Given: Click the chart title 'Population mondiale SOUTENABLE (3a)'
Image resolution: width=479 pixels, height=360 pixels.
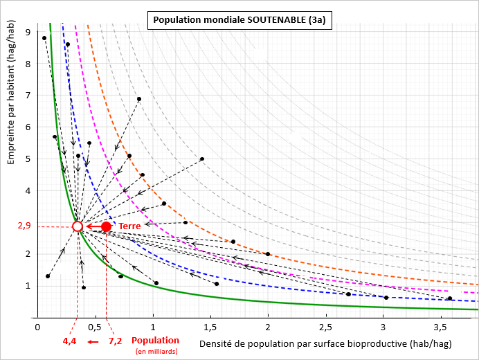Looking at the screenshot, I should (x=239, y=20).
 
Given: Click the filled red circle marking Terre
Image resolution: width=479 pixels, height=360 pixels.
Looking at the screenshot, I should (x=106, y=226).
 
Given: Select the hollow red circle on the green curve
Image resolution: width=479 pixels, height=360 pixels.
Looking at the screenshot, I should (x=78, y=226).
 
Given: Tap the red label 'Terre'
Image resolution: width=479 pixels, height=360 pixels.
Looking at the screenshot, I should (x=129, y=226).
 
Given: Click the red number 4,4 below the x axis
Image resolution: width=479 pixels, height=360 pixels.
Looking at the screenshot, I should (x=70, y=341).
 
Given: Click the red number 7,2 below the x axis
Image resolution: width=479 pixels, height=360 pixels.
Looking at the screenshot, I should (x=115, y=341).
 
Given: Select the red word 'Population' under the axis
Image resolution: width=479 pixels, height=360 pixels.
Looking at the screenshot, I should (x=155, y=341).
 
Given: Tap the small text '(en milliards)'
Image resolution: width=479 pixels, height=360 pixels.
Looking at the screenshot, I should (x=155, y=352).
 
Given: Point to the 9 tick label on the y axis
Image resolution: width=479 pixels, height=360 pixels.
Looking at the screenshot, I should (x=28, y=32).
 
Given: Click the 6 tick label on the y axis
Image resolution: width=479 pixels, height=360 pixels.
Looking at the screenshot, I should (x=28, y=127).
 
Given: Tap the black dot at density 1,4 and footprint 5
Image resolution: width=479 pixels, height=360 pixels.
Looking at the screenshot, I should (x=202, y=159).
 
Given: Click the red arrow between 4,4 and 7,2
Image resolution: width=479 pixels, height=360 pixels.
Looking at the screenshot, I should (x=93, y=341).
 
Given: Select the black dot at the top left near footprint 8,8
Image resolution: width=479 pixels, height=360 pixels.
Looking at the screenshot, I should (x=44, y=38).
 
